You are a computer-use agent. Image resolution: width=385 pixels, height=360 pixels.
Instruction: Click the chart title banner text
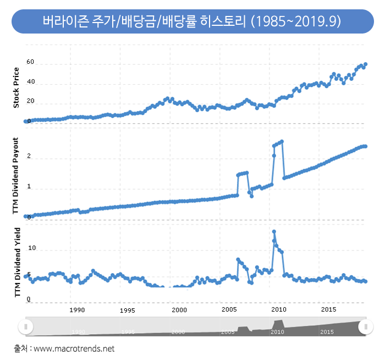click(192, 21)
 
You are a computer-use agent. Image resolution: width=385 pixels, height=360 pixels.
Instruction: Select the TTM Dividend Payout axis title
click(16, 175)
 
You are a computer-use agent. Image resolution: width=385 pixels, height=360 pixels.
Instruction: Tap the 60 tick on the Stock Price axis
click(30, 63)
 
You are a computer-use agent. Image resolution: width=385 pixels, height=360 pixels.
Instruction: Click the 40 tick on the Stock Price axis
click(30, 82)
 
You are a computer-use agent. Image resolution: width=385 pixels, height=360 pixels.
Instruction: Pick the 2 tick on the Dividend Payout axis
click(29, 157)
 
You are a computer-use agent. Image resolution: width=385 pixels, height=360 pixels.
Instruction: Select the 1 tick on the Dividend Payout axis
click(29, 187)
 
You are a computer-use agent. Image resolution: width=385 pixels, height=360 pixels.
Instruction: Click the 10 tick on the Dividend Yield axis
click(31, 248)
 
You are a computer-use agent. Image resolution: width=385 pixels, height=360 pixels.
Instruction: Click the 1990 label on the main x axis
click(78, 310)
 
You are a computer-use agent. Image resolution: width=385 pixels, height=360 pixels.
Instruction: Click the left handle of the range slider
click(25, 326)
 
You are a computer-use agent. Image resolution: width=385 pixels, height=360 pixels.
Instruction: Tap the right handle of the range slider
click(366, 326)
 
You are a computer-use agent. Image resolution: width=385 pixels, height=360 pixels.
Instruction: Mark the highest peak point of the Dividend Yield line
click(274, 232)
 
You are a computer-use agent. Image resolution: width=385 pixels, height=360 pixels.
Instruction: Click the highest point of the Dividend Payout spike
click(282, 142)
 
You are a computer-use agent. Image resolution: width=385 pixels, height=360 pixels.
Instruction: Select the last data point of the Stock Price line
click(366, 64)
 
